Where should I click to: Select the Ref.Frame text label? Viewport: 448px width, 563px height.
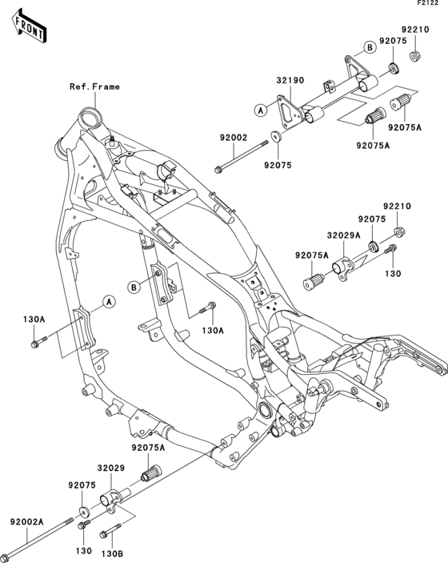[x=94, y=86]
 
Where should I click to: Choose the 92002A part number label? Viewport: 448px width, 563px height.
[x=26, y=521]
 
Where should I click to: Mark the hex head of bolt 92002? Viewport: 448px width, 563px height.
[x=218, y=169]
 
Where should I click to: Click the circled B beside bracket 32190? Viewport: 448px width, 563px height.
[x=370, y=47]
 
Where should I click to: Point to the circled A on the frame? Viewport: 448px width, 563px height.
[x=106, y=302]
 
